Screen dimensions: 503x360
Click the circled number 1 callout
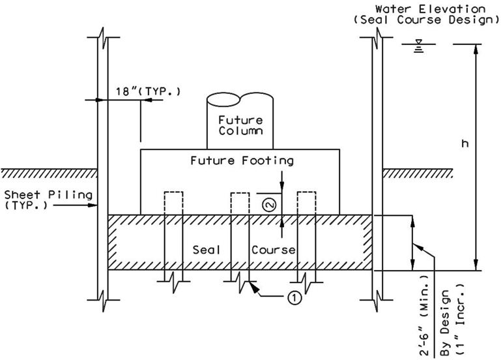point(295,298)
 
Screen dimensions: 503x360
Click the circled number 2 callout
point(269,205)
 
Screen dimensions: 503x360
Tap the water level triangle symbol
point(418,42)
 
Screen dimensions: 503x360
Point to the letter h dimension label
point(465,143)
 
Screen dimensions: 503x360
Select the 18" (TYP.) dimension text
point(148,91)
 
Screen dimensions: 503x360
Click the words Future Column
point(240,126)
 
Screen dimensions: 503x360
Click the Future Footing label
point(242,160)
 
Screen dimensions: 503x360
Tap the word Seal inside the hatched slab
point(207,250)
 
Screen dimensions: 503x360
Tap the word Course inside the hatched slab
point(273,250)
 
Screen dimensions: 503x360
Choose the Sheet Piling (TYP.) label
point(48,200)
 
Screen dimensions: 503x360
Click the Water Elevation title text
point(430,8)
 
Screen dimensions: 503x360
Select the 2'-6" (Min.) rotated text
point(424,316)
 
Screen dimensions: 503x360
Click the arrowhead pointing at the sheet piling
point(93,205)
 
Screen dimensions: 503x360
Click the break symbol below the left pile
point(173,282)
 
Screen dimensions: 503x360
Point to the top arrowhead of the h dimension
point(476,48)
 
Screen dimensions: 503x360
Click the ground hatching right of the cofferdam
point(418,173)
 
